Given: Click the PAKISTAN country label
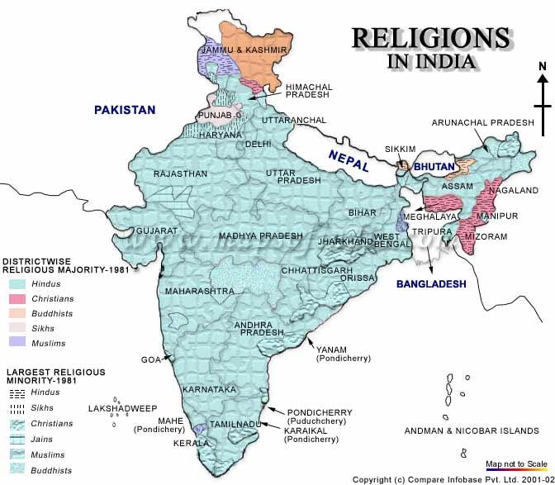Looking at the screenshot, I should click(x=125, y=109).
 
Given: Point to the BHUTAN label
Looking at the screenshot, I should click(x=435, y=167).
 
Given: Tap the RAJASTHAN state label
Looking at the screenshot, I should click(x=179, y=174).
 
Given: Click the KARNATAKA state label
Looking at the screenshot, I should click(x=211, y=388).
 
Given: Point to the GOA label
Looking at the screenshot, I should click(x=150, y=360).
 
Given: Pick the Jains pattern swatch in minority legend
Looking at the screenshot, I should click(x=17, y=439).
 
